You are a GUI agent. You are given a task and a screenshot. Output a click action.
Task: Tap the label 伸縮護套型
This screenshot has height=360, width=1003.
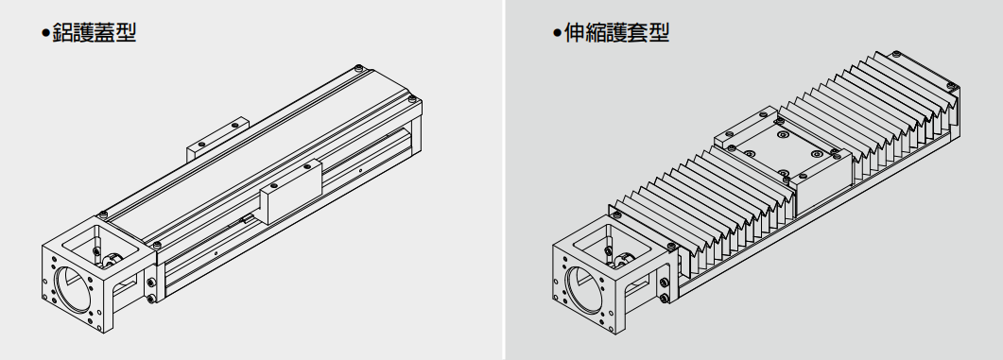615,35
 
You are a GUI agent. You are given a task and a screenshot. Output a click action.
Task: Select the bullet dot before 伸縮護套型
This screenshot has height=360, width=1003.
557,36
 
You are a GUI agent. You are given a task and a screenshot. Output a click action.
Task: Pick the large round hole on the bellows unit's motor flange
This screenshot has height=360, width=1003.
586,287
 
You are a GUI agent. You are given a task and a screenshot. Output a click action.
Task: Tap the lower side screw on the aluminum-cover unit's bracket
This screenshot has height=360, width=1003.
153,300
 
